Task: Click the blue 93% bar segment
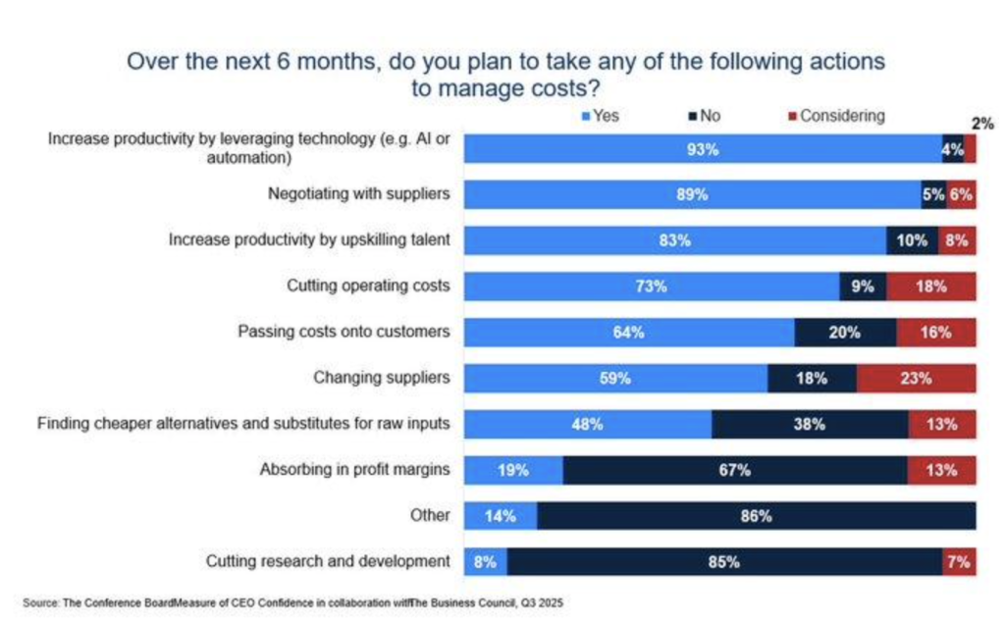pyautogui.click(x=703, y=149)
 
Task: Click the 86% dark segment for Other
pyautogui.click(x=756, y=516)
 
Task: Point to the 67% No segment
pyautogui.click(x=735, y=470)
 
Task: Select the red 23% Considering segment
pyautogui.click(x=916, y=378)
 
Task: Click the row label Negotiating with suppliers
pyautogui.click(x=358, y=194)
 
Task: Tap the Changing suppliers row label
pyautogui.click(x=381, y=378)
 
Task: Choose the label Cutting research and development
pyautogui.click(x=328, y=561)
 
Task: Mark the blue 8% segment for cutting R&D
pyautogui.click(x=486, y=562)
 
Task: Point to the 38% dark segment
pyautogui.click(x=810, y=424)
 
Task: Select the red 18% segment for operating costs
pyautogui.click(x=930, y=287)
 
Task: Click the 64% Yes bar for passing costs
pyautogui.click(x=629, y=333)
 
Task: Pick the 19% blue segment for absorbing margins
pyautogui.click(x=513, y=470)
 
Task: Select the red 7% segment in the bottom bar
pyautogui.click(x=959, y=562)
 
